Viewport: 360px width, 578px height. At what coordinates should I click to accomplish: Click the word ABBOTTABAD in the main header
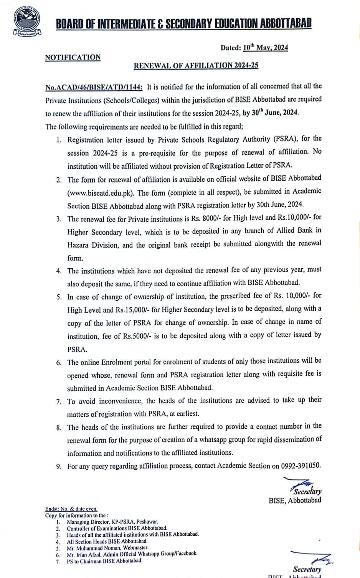tap(286, 24)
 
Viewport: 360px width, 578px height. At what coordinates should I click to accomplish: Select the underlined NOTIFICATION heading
tap(73, 58)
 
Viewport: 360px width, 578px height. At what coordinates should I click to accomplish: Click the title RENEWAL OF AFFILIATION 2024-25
tap(196, 65)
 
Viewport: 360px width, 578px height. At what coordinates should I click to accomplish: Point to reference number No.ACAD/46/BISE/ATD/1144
tap(94, 87)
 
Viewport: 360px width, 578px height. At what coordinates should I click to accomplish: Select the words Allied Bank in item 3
tap(305, 230)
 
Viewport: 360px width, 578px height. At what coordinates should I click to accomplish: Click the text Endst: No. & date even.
tap(71, 509)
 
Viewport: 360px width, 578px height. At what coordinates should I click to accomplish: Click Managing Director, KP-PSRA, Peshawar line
tap(112, 522)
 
